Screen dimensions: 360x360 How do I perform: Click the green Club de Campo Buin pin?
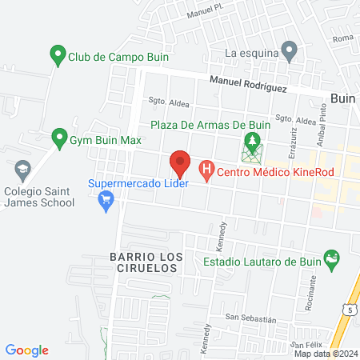(x=58, y=56)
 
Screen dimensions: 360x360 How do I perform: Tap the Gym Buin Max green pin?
(x=58, y=138)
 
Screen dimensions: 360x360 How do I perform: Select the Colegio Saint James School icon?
(x=22, y=170)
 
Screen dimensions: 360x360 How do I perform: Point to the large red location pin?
(x=180, y=164)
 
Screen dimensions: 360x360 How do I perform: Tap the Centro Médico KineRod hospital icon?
(x=206, y=170)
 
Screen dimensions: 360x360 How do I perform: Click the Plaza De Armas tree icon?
(x=254, y=144)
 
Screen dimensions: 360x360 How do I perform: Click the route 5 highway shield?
(x=350, y=309)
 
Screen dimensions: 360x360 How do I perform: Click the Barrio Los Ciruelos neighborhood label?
(x=142, y=263)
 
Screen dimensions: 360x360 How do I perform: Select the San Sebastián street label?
(x=250, y=318)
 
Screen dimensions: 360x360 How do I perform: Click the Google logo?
(x=26, y=350)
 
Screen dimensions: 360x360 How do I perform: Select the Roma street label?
(x=342, y=39)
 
